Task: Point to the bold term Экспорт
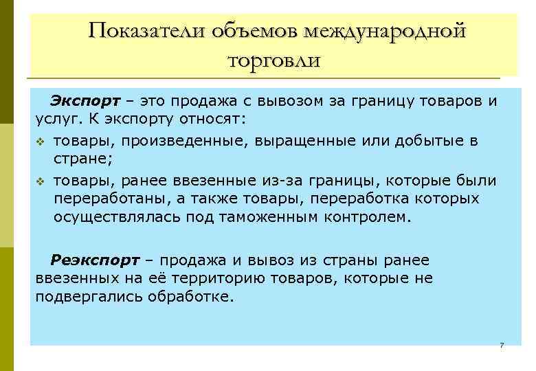[x=84, y=102]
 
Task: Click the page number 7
[x=502, y=344]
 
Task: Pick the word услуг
[x=55, y=120]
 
